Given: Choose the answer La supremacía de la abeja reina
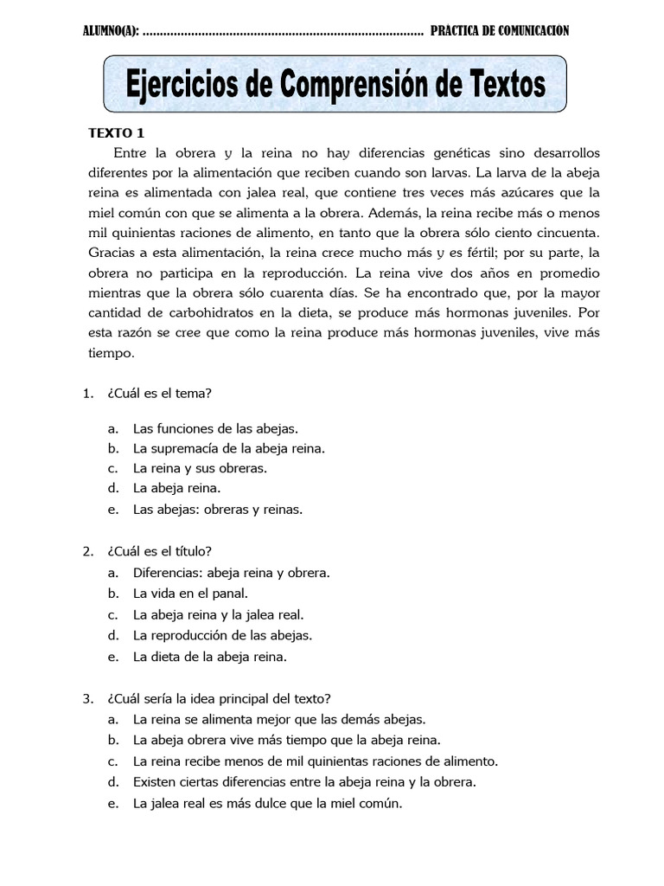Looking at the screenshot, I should [x=229, y=448].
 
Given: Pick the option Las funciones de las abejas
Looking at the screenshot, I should [x=215, y=428].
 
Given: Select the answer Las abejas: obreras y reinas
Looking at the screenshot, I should [x=218, y=510].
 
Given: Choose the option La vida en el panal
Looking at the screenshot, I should [x=190, y=594].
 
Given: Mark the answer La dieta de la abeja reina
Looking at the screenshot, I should [x=209, y=657].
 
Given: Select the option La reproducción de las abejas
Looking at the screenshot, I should [x=222, y=635].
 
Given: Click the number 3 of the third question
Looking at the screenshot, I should [x=87, y=698].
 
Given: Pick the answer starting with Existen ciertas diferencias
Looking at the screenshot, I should [x=304, y=782].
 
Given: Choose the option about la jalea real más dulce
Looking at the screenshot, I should [x=268, y=803].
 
